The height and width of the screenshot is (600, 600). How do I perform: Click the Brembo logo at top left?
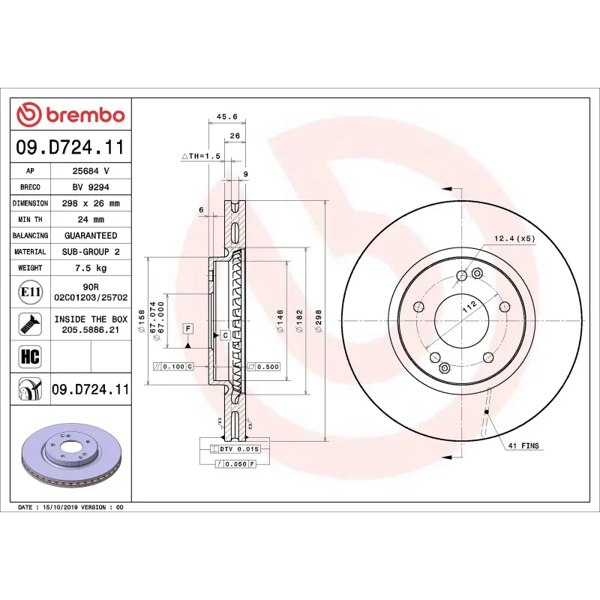pos(70,115)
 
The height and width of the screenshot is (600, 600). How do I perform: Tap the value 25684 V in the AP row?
pos(90,171)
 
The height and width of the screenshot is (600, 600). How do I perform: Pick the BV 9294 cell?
pos(90,187)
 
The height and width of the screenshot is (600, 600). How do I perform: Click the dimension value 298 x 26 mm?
pos(90,203)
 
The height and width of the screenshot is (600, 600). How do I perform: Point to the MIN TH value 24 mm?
pos(90,220)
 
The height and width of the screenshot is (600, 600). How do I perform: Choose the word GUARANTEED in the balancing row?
pos(90,235)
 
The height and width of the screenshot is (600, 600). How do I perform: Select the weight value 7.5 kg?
pos(90,268)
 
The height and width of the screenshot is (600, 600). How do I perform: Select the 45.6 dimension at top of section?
pos(226,117)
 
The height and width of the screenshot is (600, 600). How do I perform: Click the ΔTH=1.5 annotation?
pos(201,156)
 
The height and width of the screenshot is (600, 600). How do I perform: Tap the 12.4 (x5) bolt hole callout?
pos(514,238)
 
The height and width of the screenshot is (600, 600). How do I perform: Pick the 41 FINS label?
pos(523,445)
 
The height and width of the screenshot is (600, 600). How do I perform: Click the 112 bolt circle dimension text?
pos(469,305)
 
